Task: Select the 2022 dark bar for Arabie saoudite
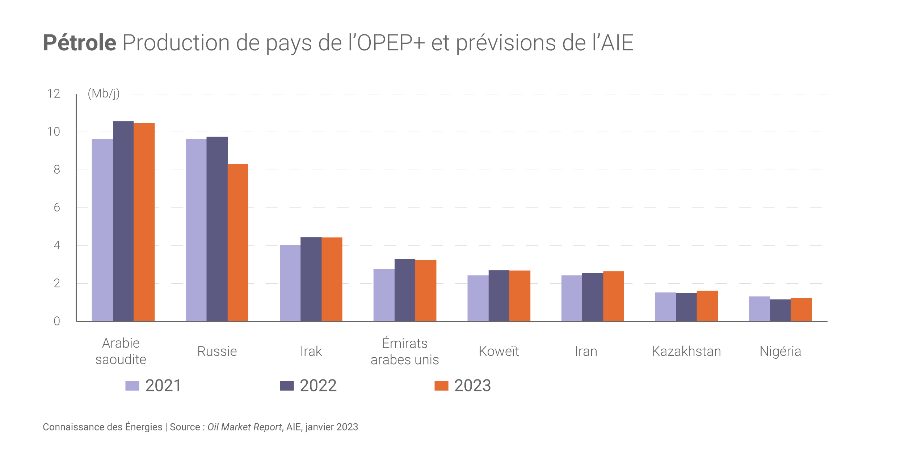point(123,221)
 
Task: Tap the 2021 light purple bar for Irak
point(290,283)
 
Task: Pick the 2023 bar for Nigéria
point(801,309)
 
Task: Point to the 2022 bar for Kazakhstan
point(686,307)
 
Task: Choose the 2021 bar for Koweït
point(478,298)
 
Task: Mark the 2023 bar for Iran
point(613,296)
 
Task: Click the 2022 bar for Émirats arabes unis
point(405,290)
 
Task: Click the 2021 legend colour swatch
point(132,386)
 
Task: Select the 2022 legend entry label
point(318,386)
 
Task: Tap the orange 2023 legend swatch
point(441,386)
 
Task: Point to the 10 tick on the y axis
point(54,132)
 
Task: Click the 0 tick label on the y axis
point(57,321)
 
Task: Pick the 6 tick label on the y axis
point(57,208)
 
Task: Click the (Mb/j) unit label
point(104,93)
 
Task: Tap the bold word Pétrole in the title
point(80,43)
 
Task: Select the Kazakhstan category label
point(686,351)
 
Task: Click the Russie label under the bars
point(217,351)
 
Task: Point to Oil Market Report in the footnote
point(244,427)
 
